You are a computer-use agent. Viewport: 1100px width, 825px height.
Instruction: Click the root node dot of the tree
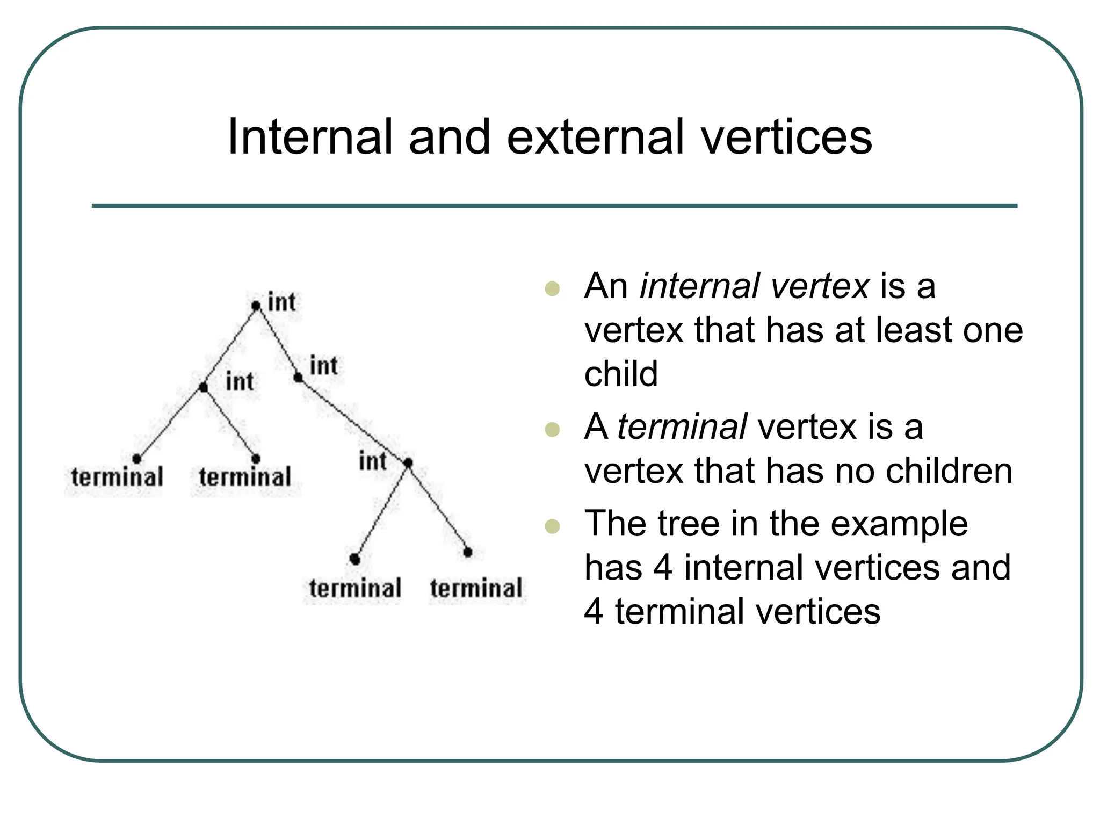[256, 306]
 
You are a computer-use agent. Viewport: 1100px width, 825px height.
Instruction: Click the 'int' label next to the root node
[281, 302]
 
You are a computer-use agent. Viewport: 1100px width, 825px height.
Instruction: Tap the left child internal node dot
[203, 387]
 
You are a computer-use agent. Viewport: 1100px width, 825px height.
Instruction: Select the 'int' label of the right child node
[323, 366]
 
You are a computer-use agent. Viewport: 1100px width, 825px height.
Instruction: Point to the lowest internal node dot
[408, 462]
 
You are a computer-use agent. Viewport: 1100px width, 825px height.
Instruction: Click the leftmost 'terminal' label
[117, 477]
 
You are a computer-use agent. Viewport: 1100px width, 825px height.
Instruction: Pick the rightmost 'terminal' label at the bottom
[476, 588]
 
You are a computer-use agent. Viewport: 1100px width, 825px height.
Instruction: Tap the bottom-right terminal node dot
[467, 552]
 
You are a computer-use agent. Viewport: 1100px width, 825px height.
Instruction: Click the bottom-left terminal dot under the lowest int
[354, 559]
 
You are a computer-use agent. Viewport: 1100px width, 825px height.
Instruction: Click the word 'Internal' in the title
[310, 137]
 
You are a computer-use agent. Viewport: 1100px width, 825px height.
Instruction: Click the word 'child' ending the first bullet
[621, 374]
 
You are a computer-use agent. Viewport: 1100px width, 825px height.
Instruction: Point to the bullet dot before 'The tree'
[552, 526]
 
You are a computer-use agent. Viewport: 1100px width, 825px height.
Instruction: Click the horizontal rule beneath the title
[554, 206]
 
